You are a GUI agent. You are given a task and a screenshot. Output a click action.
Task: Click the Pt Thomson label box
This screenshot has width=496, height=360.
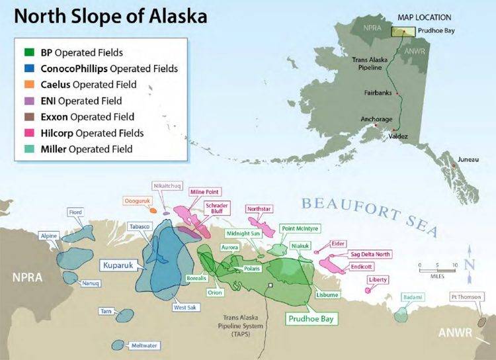(466, 296)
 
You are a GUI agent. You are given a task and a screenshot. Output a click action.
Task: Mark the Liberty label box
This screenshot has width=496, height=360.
(378, 280)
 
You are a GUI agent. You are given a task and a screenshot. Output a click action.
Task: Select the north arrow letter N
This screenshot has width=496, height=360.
(469, 265)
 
